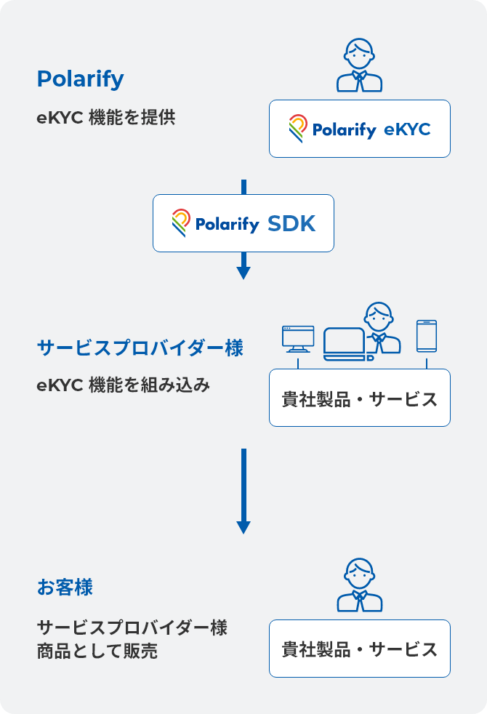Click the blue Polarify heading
click(x=80, y=79)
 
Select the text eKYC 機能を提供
click(x=106, y=118)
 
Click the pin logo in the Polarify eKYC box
click(x=298, y=129)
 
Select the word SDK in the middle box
click(x=291, y=224)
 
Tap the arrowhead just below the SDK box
click(x=243, y=273)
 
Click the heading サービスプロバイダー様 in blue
click(x=140, y=348)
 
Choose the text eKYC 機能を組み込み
click(x=124, y=385)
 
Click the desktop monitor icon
click(x=298, y=338)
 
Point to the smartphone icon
click(x=427, y=336)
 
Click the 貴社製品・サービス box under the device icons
click(x=359, y=398)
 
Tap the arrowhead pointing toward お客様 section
click(x=243, y=527)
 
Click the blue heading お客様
click(x=65, y=587)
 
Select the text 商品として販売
click(x=97, y=651)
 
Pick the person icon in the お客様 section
click(x=359, y=585)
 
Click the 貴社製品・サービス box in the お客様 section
click(x=359, y=649)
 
